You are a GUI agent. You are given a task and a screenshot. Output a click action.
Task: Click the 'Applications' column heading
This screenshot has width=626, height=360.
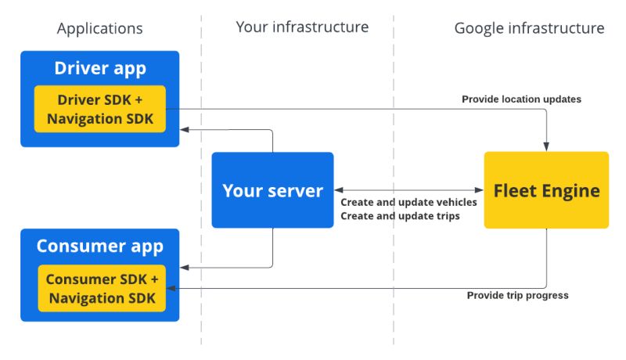99,29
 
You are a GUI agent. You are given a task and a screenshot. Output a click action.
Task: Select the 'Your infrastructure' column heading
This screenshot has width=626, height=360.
302,27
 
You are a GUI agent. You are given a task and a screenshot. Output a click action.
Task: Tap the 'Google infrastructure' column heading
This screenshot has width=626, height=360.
529,29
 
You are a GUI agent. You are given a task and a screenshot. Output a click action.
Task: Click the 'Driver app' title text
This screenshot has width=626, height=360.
99,68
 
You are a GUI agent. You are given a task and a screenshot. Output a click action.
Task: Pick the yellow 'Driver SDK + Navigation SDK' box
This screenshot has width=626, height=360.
99,109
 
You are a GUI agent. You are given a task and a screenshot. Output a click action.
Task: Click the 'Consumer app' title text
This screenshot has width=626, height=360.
99,247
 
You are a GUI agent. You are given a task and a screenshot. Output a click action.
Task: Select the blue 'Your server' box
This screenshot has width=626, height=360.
272,190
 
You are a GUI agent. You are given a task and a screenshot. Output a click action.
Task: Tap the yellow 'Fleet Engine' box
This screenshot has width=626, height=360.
546,190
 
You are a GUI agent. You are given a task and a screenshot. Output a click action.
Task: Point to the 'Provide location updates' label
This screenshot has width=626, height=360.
521,99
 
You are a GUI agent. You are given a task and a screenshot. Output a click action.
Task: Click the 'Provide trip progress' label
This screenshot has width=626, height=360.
517,295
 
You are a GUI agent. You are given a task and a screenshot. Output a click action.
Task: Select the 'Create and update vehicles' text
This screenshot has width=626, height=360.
408,203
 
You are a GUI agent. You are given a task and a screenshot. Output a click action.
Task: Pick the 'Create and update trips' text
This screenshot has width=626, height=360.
399,215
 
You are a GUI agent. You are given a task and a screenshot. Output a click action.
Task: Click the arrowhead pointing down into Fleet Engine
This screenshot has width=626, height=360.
546,146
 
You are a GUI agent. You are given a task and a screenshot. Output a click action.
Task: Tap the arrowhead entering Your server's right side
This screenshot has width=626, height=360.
339,190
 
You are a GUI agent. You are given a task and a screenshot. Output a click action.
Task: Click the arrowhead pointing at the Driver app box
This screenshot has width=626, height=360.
185,131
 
